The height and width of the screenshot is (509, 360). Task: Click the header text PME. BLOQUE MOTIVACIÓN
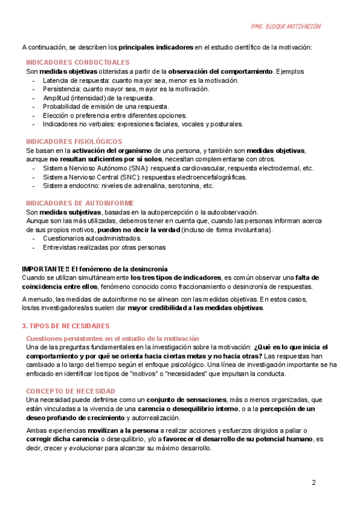[x=286, y=26]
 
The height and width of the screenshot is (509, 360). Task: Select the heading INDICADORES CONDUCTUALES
[x=77, y=62]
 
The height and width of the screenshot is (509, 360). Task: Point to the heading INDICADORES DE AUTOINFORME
[x=80, y=203]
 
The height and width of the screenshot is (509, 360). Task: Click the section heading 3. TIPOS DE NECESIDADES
[x=65, y=326]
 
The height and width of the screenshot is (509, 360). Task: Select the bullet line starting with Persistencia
[x=126, y=89]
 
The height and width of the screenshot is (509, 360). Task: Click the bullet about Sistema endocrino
[x=128, y=186]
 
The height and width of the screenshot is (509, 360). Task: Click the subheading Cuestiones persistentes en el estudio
[x=112, y=339]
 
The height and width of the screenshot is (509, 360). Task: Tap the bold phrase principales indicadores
[x=155, y=47]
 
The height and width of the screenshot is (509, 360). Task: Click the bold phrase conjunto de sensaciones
[x=187, y=382]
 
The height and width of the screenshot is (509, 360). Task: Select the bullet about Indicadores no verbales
[x=143, y=124]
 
